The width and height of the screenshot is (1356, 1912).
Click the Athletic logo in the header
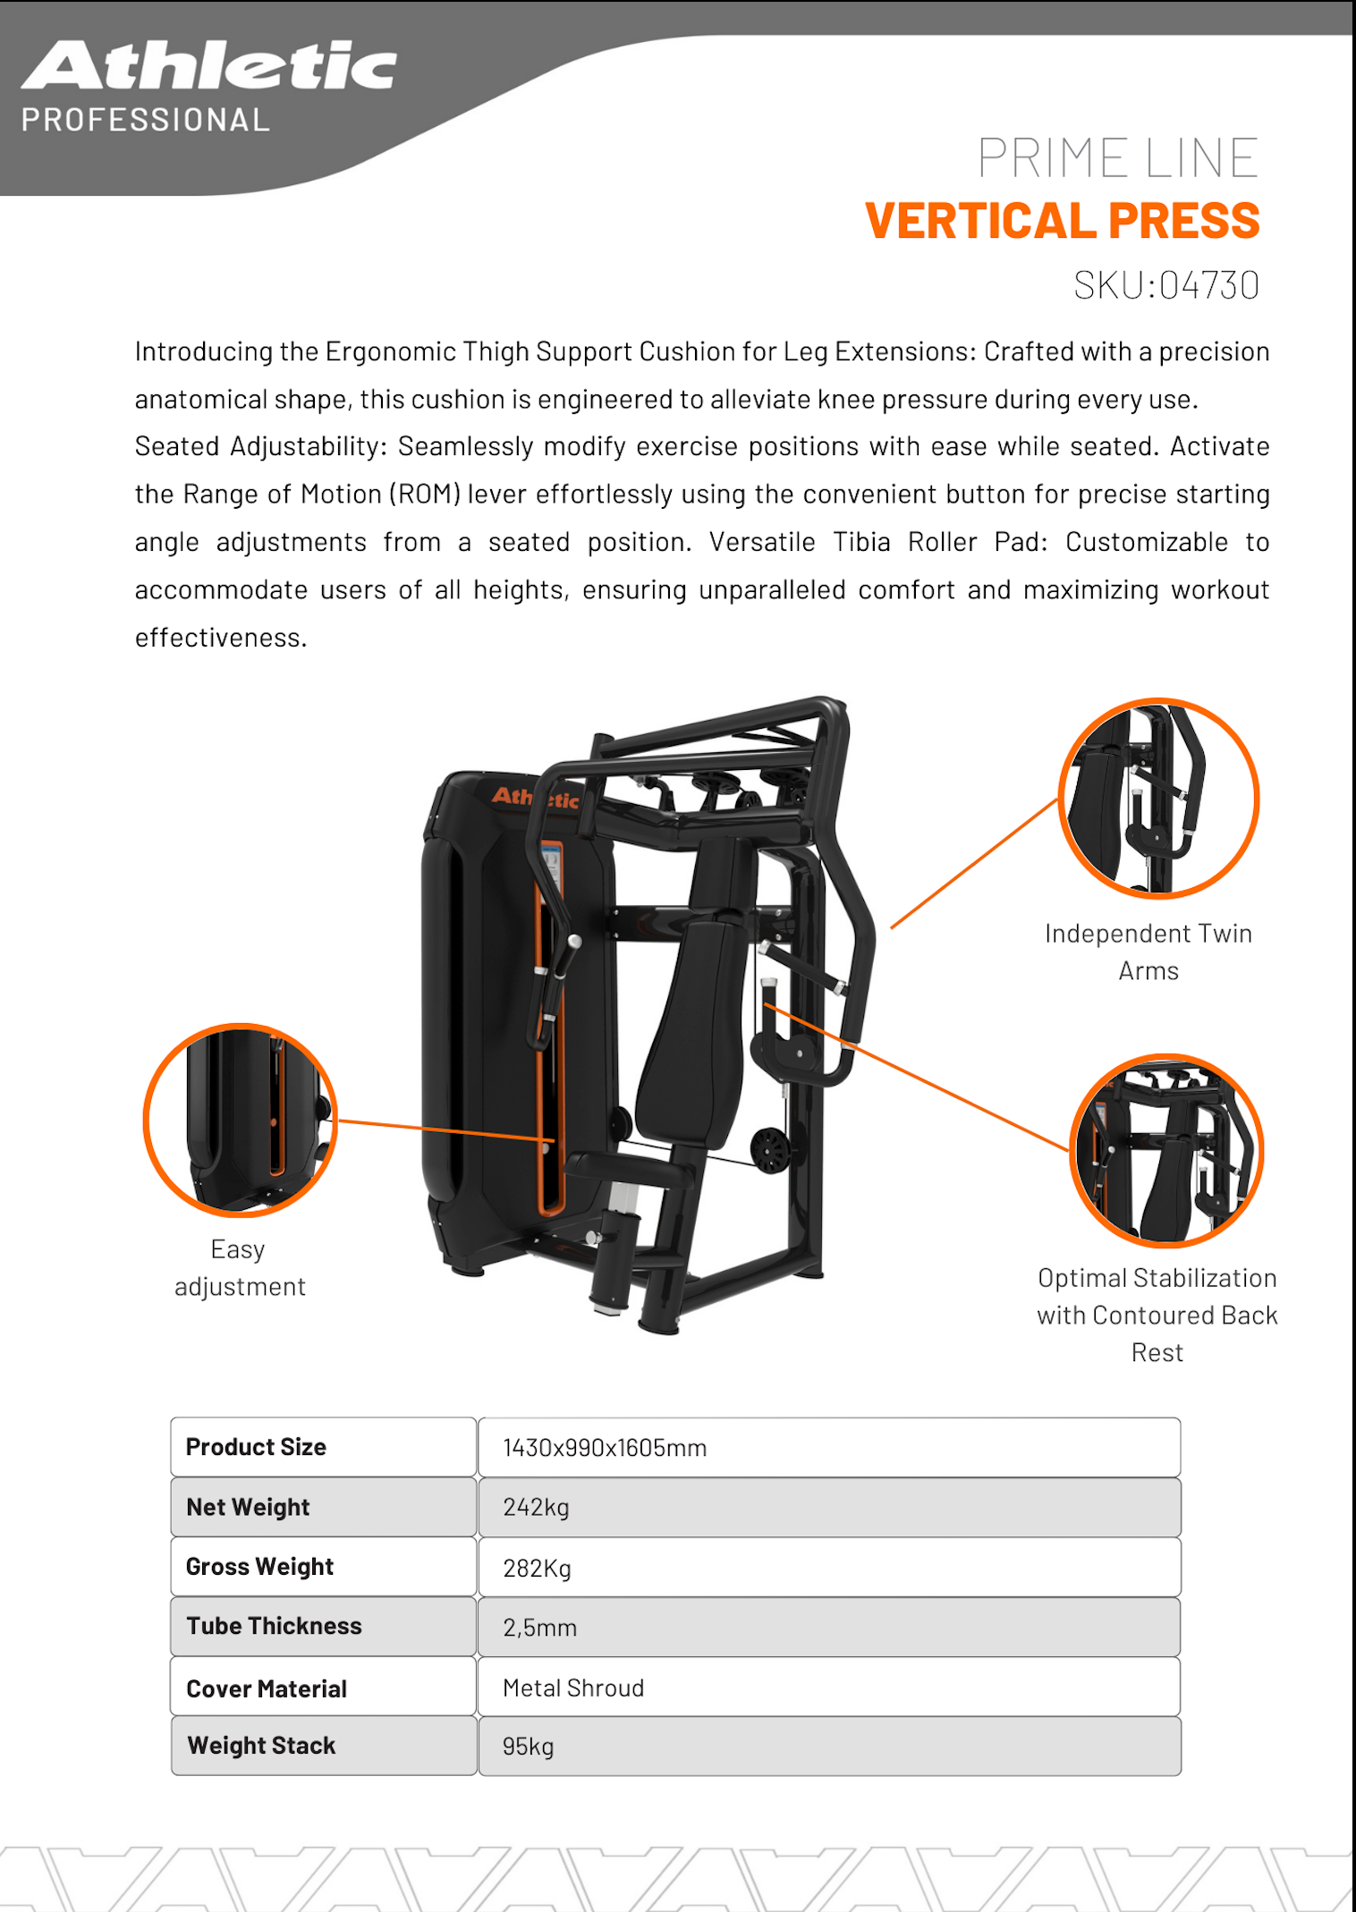click(x=208, y=66)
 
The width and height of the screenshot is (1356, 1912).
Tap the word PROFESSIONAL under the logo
click(x=146, y=120)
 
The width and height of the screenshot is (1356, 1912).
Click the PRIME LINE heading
click(x=1117, y=158)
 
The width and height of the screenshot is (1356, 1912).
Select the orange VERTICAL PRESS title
click(x=1062, y=221)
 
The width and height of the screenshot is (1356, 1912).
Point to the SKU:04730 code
click(x=1165, y=285)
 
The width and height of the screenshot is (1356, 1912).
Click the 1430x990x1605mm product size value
click(x=605, y=1448)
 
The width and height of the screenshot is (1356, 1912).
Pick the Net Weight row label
click(x=248, y=1507)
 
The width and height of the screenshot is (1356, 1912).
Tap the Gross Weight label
click(x=259, y=1567)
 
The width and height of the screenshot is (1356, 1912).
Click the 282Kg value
click(x=537, y=1568)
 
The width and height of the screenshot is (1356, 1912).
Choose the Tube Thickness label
click(x=274, y=1626)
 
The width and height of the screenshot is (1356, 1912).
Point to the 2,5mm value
click(x=539, y=1628)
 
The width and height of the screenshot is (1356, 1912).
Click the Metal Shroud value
click(x=573, y=1688)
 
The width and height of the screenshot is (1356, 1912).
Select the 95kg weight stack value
click(x=528, y=1747)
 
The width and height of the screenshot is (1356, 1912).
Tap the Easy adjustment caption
click(x=239, y=1267)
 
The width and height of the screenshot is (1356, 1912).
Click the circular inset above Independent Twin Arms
click(x=1158, y=798)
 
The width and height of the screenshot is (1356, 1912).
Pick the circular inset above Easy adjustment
click(x=240, y=1120)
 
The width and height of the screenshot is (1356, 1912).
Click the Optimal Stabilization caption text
click(x=1157, y=1315)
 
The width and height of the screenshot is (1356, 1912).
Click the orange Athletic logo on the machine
click(x=536, y=797)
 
